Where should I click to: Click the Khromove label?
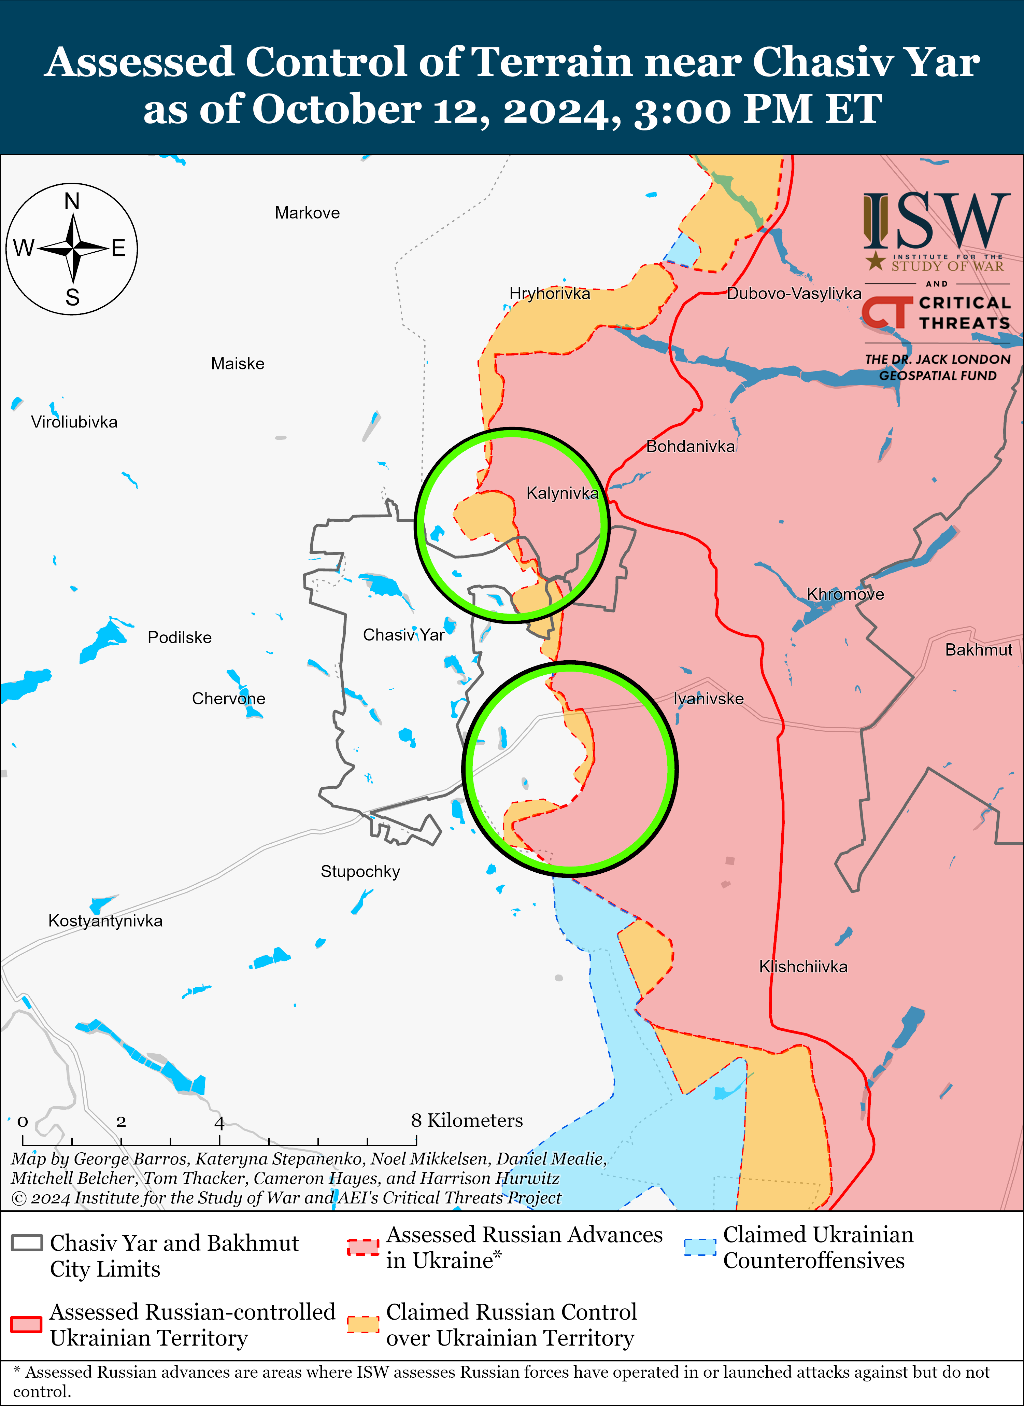point(845,594)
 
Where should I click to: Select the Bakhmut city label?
point(978,650)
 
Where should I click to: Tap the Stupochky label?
point(360,872)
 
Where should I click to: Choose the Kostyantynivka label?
point(105,920)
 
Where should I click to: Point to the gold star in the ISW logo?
point(875,261)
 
